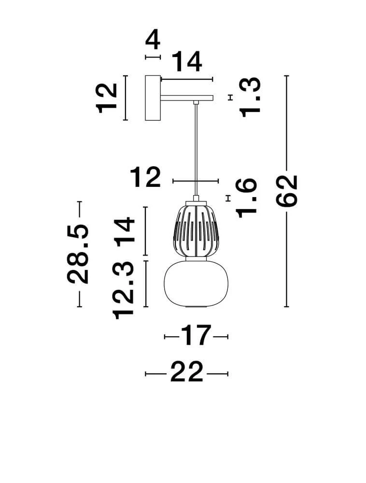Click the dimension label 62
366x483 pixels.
coord(287,191)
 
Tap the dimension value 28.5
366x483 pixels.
coord(78,254)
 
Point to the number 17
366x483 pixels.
coord(196,336)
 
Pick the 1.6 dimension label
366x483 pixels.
coord(246,198)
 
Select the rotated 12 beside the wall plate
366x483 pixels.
coord(107,98)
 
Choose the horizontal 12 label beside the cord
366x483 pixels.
coord(145,177)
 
